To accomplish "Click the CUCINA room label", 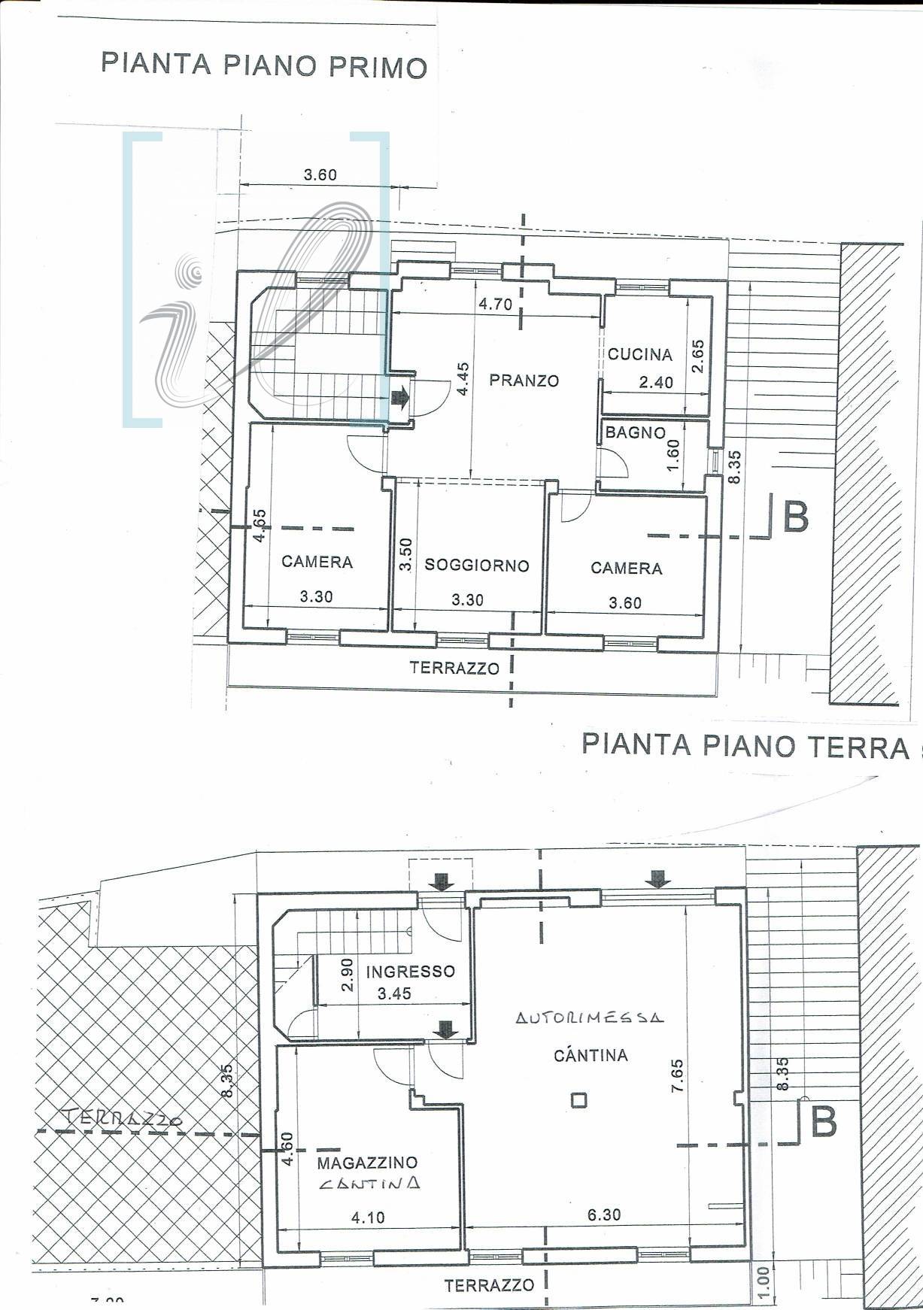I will pos(639,354).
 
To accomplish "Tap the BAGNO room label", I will pos(636,432).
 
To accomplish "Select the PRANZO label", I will pos(524,381).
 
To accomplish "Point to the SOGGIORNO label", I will pos(477,566).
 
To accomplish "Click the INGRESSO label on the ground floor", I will pos(410,971).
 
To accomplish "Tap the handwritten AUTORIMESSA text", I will pos(590,1018).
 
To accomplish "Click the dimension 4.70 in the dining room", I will pos(495,305).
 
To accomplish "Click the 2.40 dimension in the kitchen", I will pos(656,383).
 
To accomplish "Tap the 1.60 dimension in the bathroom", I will pos(673,454).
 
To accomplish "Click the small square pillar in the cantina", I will pos(578,1100).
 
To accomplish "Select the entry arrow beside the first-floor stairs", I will pos(399,398).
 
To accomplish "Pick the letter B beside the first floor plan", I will pos(796,517).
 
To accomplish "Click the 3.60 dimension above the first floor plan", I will pos(320,175).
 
